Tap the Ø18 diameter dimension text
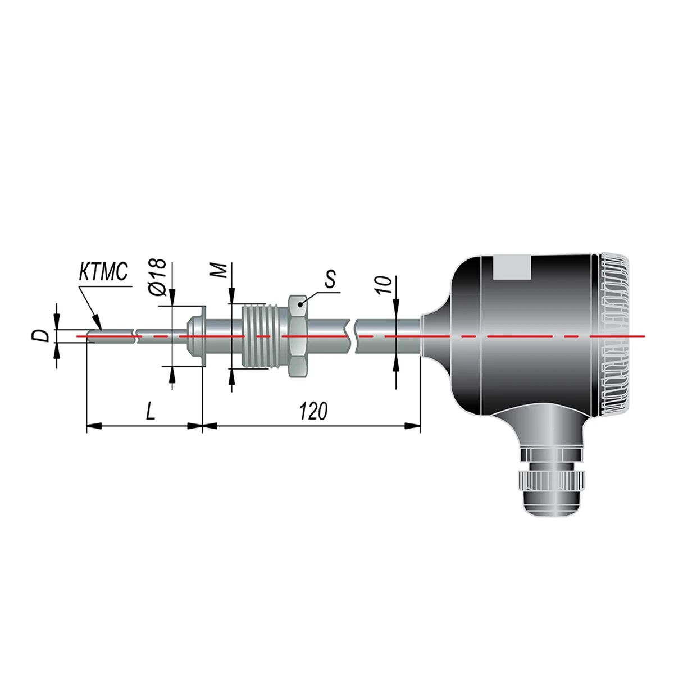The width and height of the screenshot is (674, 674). (x=157, y=277)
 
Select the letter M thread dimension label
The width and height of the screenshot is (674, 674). (x=221, y=270)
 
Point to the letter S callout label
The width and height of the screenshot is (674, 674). (x=330, y=279)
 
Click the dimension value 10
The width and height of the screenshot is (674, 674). (x=384, y=285)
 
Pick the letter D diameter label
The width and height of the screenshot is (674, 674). (x=43, y=336)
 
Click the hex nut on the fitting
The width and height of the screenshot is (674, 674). (x=298, y=336)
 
